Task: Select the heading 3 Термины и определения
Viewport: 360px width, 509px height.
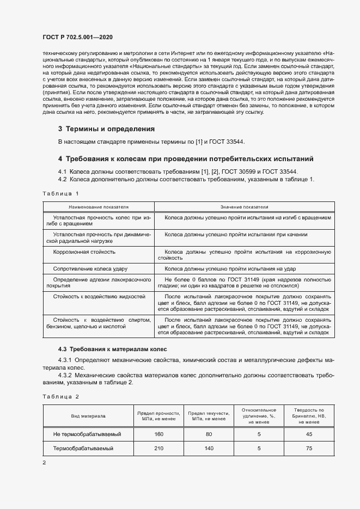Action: [106, 129]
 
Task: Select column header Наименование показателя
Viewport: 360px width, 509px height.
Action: [99, 207]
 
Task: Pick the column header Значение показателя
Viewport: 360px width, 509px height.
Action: [243, 207]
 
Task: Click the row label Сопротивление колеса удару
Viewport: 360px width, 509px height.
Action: [90, 269]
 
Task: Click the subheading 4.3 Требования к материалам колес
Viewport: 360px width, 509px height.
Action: [113, 348]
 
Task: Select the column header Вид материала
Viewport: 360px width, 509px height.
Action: [88, 416]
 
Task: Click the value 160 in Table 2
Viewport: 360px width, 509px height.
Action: [158, 434]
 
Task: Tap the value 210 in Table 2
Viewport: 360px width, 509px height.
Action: [158, 448]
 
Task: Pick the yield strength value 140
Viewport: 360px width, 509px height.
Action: [209, 448]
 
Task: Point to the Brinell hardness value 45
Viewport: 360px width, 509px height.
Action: [309, 434]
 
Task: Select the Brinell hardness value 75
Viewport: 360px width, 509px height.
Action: [309, 448]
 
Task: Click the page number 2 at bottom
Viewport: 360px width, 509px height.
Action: [44, 462]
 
